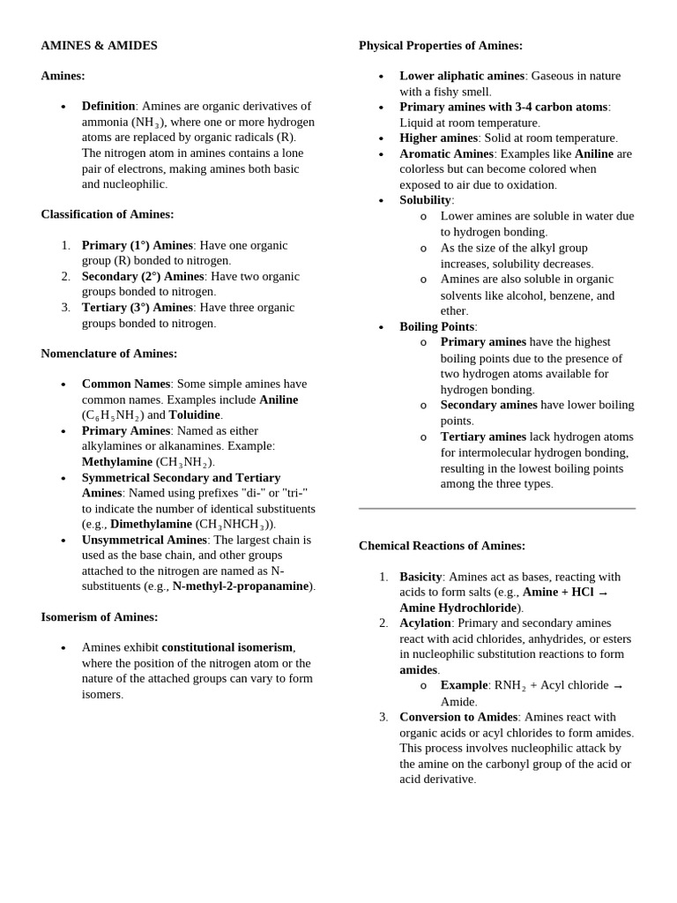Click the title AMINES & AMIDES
99,46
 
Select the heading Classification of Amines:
107,214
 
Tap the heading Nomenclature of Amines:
108,354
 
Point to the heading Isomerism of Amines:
99,617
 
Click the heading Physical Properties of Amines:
440,46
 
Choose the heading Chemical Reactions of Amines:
442,546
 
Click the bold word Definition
108,106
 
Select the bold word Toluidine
196,414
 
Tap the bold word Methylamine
117,461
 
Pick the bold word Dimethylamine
151,524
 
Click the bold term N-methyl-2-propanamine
241,586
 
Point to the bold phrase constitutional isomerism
227,647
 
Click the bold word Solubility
425,200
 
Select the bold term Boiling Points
436,326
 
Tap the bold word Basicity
420,577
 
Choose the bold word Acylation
425,623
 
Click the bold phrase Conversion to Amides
458,717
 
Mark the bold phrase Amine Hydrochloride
458,608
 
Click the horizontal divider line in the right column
496,509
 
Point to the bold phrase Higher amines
438,138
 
